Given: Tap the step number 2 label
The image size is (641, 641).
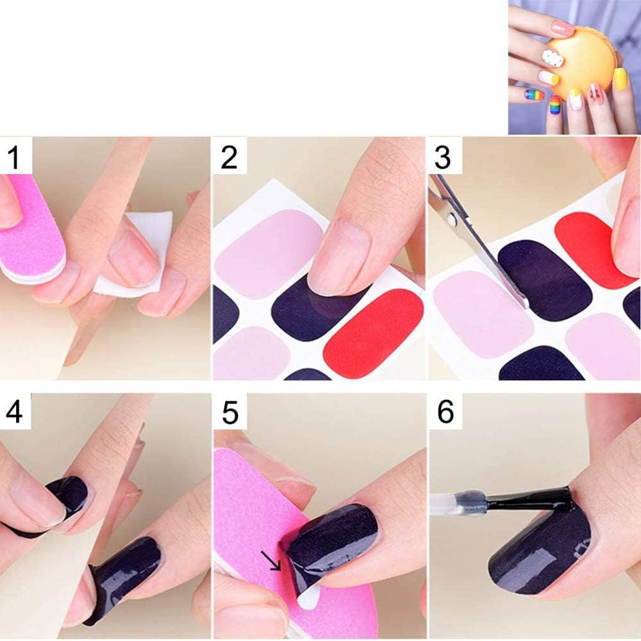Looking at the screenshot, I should pyautogui.click(x=229, y=156).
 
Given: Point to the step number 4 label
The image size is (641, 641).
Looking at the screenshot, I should pyautogui.click(x=14, y=412).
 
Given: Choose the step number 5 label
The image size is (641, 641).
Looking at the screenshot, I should pyautogui.click(x=229, y=413).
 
